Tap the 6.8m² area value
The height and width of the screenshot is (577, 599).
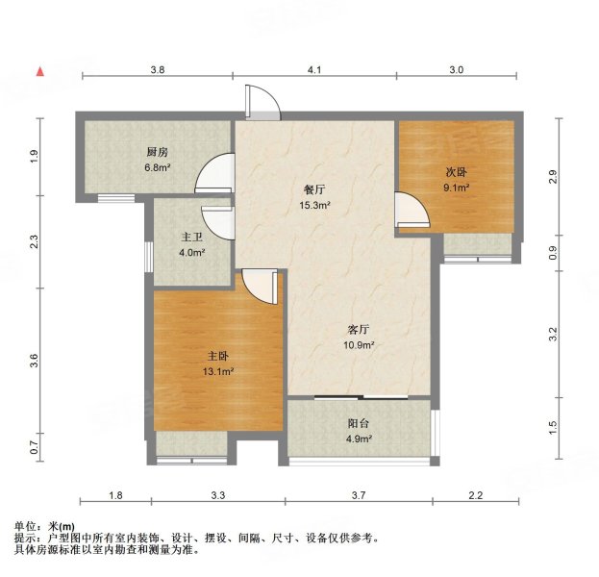[158, 167]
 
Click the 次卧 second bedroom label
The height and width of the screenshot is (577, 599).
[456, 173]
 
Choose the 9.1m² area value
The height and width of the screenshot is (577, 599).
[456, 188]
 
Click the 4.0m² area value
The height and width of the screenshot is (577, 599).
[192, 253]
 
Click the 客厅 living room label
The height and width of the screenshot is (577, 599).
[360, 330]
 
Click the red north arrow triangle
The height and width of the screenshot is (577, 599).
[40, 71]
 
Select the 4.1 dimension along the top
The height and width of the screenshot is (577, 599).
[313, 70]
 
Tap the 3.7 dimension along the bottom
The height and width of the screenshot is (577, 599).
[360, 494]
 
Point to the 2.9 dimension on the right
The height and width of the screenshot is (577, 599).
[552, 176]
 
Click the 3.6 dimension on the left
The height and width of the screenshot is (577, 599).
[35, 361]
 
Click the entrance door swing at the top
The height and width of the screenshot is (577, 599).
[262, 102]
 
